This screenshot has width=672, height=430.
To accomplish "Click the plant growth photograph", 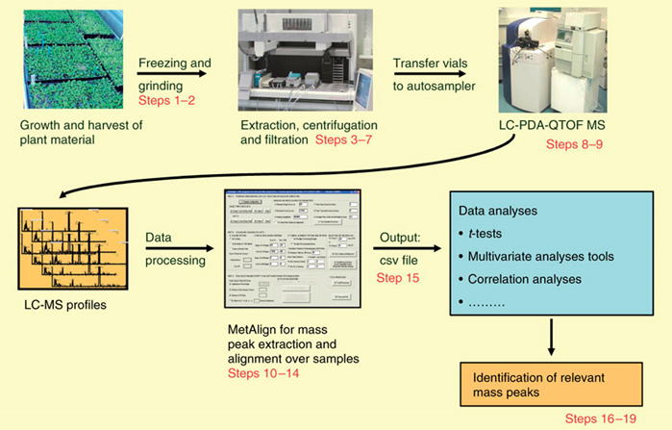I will (x=63, y=55).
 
